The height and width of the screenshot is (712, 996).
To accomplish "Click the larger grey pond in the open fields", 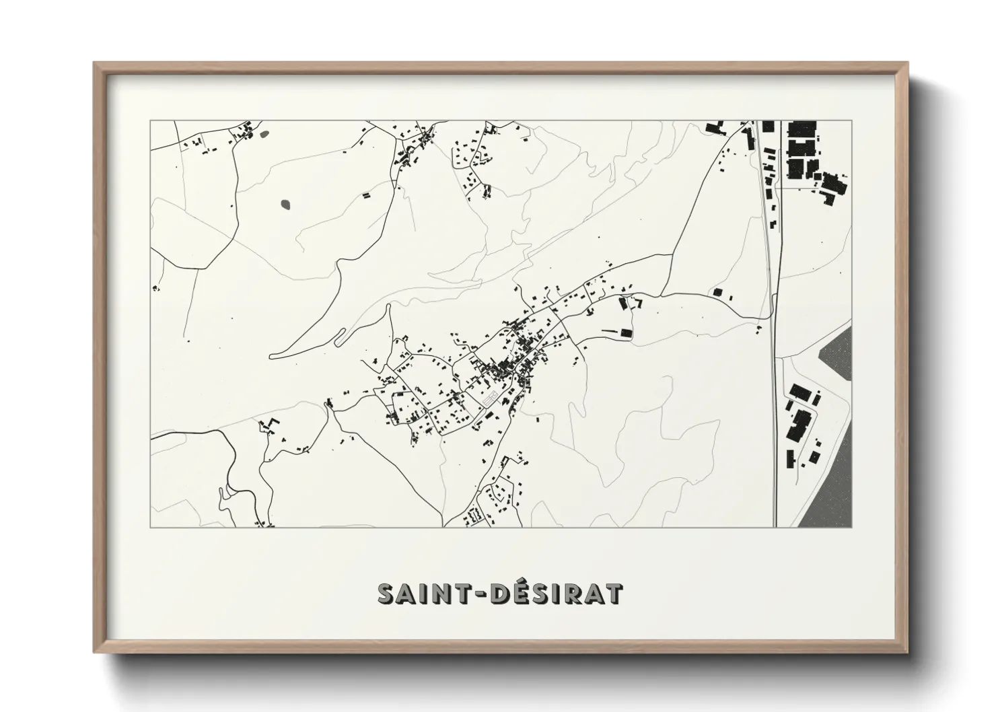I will [286, 203].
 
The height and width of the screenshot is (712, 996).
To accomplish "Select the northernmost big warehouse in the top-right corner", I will [802, 130].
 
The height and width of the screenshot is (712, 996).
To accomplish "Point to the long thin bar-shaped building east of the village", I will [609, 330].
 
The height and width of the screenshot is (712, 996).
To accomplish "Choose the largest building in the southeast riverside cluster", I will [800, 424].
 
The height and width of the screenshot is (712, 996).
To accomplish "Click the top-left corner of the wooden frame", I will [95, 64].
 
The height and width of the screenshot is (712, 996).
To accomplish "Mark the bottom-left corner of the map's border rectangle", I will [151, 527].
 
